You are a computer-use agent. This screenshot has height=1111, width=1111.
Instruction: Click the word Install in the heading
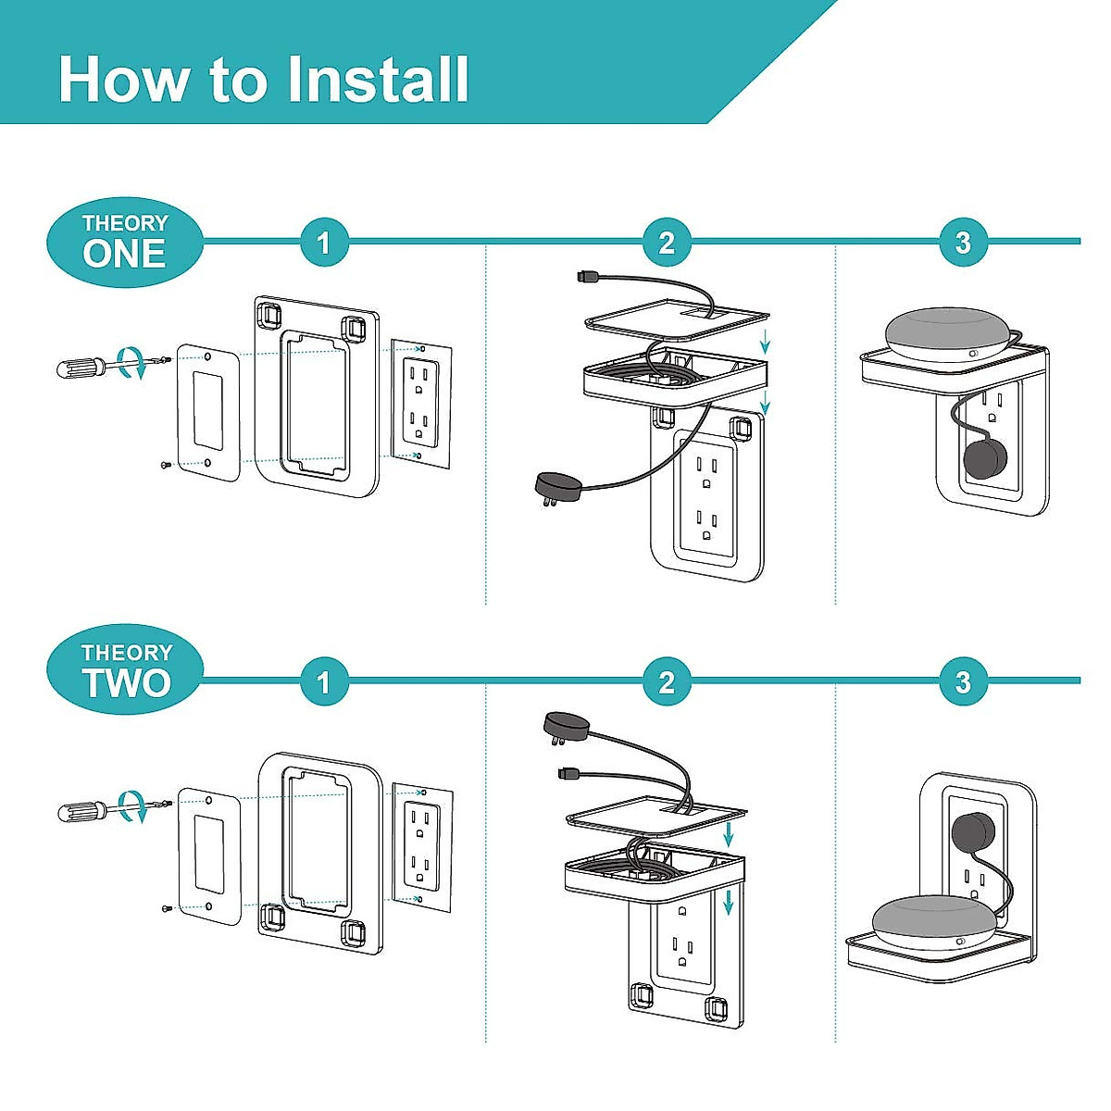click(x=378, y=79)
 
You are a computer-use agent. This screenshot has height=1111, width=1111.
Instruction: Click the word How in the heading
click(x=124, y=79)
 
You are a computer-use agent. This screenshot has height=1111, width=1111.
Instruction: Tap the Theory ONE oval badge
click(x=125, y=243)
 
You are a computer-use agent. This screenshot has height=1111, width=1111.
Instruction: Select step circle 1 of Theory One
click(x=324, y=243)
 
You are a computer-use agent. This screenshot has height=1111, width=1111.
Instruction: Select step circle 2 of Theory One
click(x=667, y=243)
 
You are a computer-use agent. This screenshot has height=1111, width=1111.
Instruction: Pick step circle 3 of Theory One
click(x=964, y=243)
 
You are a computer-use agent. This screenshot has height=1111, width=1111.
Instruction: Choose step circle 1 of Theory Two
click(x=324, y=682)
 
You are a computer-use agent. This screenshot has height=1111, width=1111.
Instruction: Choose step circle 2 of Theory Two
click(x=667, y=682)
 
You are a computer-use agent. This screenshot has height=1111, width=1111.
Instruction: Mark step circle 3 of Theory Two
click(x=964, y=682)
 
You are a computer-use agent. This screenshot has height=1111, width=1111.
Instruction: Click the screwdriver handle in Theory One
click(x=81, y=368)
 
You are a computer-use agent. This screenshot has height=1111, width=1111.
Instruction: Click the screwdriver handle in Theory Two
click(x=81, y=811)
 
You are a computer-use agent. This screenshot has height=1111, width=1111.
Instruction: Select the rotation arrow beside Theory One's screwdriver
click(x=132, y=363)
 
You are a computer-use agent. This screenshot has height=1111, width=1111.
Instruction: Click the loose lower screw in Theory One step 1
click(x=166, y=464)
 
